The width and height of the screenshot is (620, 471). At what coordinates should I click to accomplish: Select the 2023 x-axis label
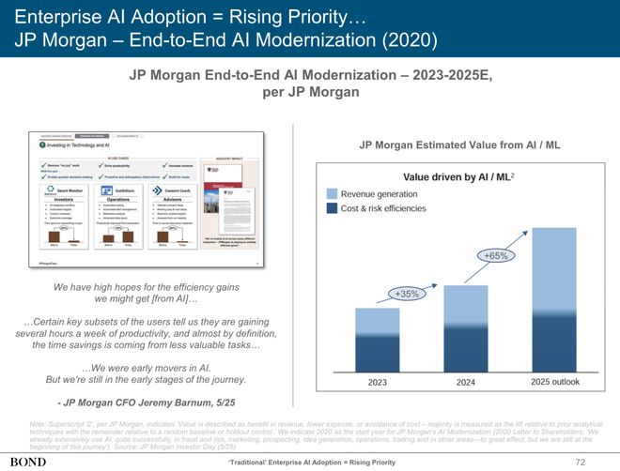(379, 383)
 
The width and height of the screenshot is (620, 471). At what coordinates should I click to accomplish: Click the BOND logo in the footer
(28, 461)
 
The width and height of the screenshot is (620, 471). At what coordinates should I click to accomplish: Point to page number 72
(580, 461)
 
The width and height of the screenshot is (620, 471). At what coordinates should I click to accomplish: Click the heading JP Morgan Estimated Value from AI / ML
(459, 144)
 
